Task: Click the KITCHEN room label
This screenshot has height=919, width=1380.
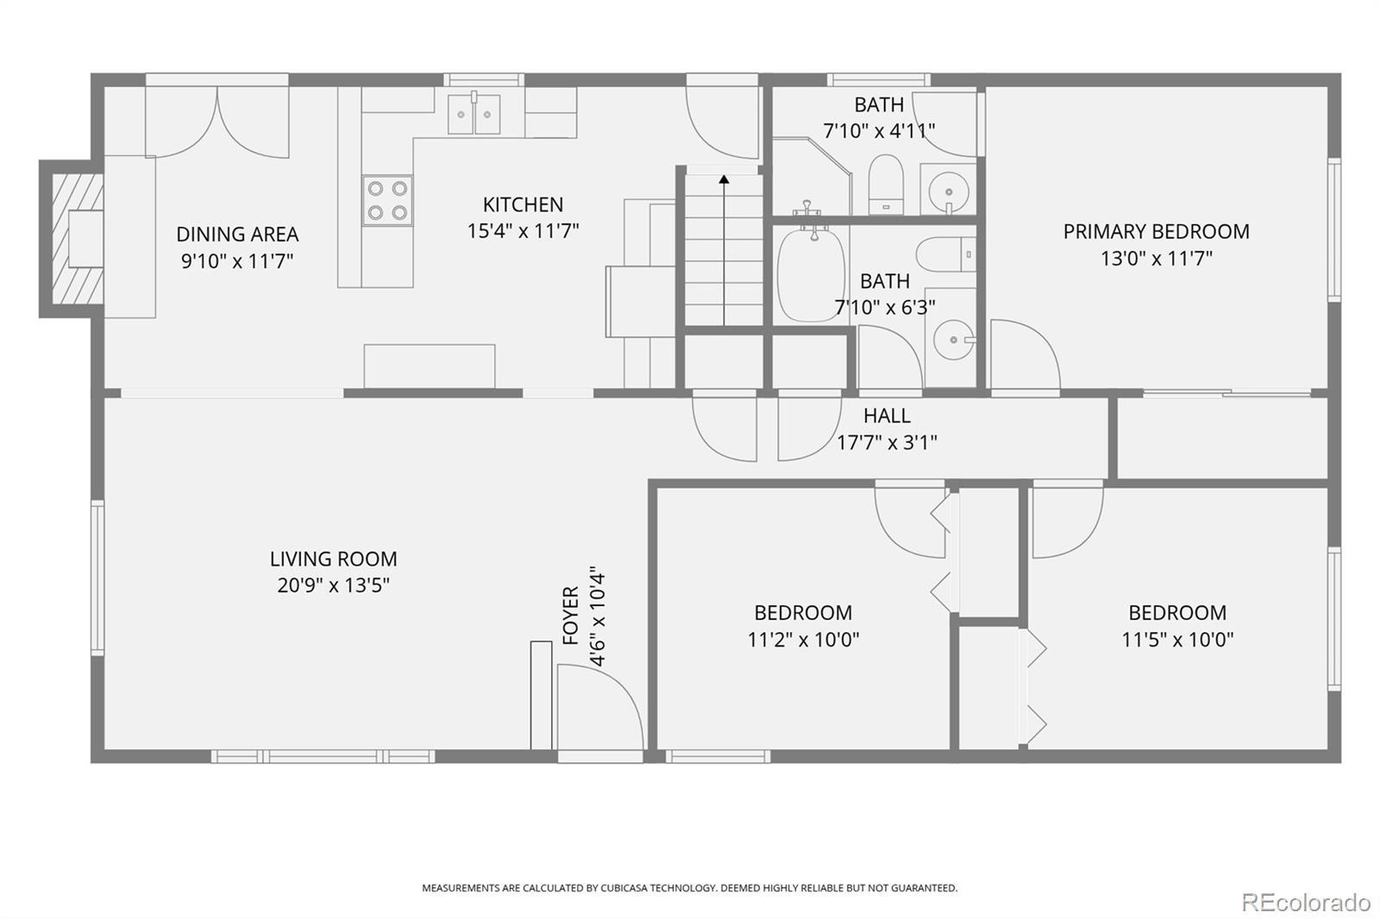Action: tap(523, 204)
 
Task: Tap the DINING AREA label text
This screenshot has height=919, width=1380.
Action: tap(237, 234)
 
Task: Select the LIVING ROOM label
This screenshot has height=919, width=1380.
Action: tap(333, 559)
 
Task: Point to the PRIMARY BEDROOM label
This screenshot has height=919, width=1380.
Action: tap(1157, 232)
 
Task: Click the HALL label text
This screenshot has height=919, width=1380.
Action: tap(887, 416)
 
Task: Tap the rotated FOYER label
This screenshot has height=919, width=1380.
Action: tap(571, 616)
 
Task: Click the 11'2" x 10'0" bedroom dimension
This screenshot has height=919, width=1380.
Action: tap(803, 640)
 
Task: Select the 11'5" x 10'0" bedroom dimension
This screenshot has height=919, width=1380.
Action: tap(1177, 640)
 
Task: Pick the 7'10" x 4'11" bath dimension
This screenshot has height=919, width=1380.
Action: tap(879, 130)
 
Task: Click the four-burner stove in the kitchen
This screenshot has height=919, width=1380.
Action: tap(387, 200)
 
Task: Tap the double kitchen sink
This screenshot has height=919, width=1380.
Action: tap(474, 113)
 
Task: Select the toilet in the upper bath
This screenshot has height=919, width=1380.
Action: tap(886, 184)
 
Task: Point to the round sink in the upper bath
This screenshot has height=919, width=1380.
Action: tap(949, 191)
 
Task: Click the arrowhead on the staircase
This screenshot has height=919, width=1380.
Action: tap(724, 179)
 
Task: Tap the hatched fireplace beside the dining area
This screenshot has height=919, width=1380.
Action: tap(77, 239)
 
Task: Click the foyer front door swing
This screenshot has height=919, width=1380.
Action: tap(600, 707)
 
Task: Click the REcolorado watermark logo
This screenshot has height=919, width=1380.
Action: tap(1306, 903)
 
